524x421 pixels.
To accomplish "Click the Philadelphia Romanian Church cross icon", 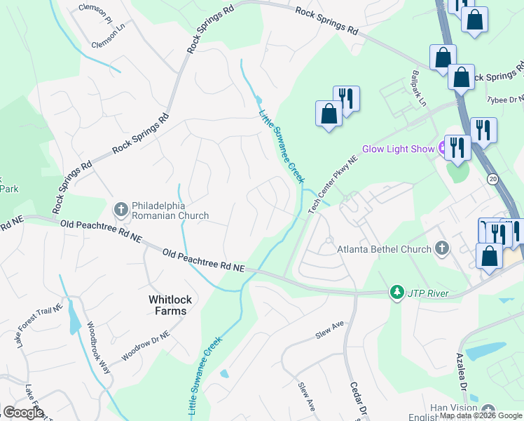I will coord(120,208).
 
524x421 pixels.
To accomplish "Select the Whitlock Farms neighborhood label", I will coord(168,305).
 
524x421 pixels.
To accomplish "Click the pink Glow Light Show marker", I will coord(443,148).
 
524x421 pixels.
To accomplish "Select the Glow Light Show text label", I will coord(398,149).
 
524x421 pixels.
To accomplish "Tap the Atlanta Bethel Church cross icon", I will coord(441,248).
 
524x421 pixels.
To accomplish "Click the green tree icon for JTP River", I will coord(397,291).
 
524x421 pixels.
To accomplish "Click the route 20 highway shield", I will coord(492,178).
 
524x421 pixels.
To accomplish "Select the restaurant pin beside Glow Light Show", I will coord(457,148).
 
